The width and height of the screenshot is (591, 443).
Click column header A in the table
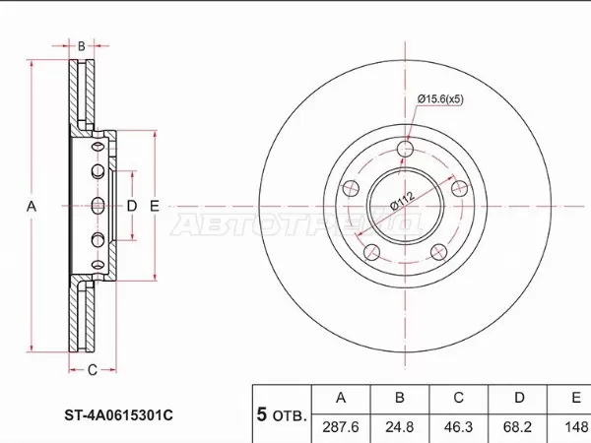click(x=342, y=398)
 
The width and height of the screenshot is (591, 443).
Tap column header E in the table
click(x=575, y=398)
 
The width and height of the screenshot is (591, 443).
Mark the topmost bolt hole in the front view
click(x=407, y=150)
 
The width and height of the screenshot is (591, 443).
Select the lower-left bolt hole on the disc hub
click(x=371, y=253)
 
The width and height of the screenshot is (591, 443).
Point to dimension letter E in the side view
click(x=154, y=206)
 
